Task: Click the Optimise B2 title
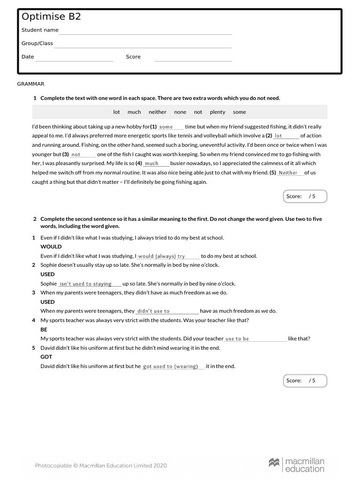coord(51,16)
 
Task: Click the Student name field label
coord(40,30)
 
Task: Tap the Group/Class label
coord(37,44)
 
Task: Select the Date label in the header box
coord(28,57)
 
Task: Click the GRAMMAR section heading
coord(30,84)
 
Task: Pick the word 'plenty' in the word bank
coord(217,112)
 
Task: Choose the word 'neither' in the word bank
coord(157,112)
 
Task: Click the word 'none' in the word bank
coord(180,112)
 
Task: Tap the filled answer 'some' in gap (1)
coord(166,127)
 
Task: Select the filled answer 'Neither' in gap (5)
coord(288,173)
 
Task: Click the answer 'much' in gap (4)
coord(151,164)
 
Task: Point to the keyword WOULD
coord(51,247)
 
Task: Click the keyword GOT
coord(46,357)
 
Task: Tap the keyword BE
coord(44,330)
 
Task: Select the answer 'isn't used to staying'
coord(86,284)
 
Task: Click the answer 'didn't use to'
coord(153,311)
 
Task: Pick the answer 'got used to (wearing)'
coord(170,367)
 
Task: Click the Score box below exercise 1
coord(305,196)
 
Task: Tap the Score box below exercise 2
coord(305,381)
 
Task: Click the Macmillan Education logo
coord(296,465)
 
